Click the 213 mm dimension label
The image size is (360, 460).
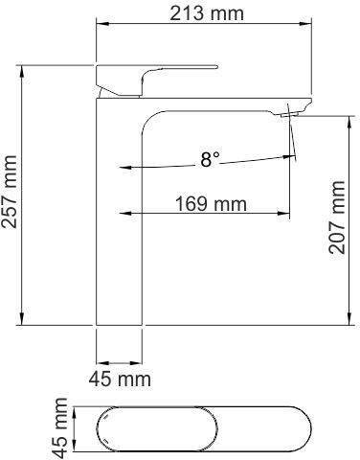point(207,13)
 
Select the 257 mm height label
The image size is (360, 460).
point(9,192)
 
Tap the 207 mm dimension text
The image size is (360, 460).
point(337,218)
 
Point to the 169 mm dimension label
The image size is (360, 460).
point(211,203)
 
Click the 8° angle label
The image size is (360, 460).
point(211,159)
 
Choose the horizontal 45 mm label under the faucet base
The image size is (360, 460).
point(120,379)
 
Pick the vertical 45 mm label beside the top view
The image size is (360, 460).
point(60,428)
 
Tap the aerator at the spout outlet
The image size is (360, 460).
point(289,114)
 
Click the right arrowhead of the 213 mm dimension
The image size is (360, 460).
point(305,24)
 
